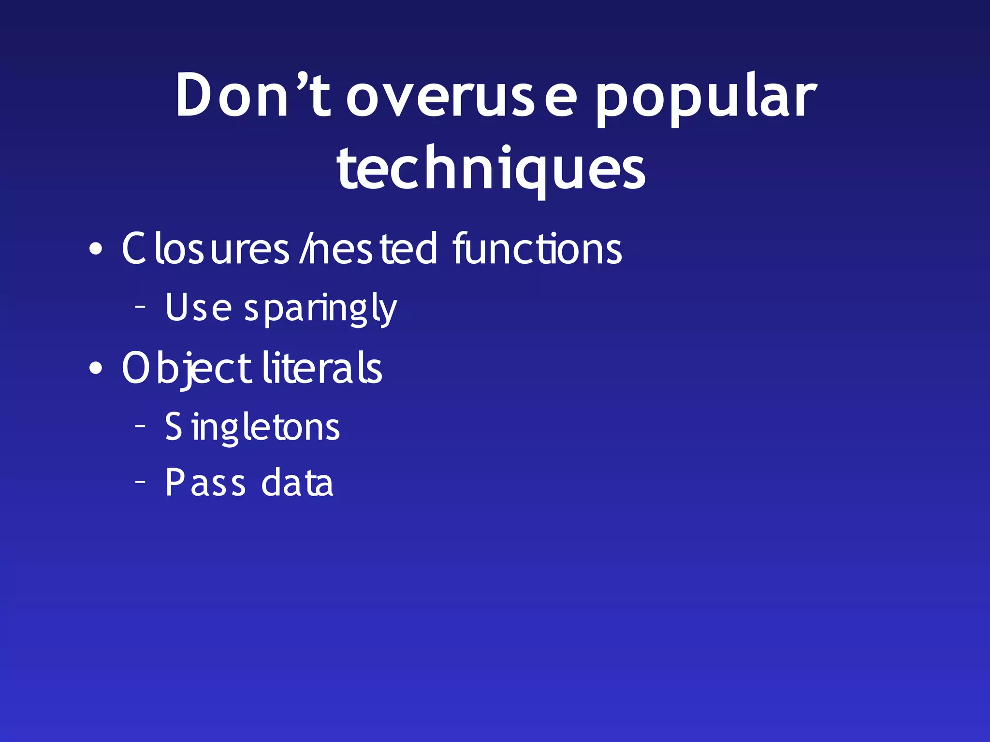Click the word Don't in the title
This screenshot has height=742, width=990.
point(253,95)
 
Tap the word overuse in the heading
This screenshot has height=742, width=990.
point(462,97)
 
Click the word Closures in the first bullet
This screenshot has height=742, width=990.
point(205,249)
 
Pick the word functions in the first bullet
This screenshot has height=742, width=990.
point(537,249)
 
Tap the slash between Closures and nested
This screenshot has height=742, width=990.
point(304,249)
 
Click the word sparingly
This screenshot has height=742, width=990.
point(320,309)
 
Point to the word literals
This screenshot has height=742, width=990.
point(322,368)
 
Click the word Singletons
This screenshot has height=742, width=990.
point(252,427)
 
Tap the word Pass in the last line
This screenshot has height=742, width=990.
point(205,482)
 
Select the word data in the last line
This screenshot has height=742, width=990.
point(297,482)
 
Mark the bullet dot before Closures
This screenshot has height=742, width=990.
point(96,249)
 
